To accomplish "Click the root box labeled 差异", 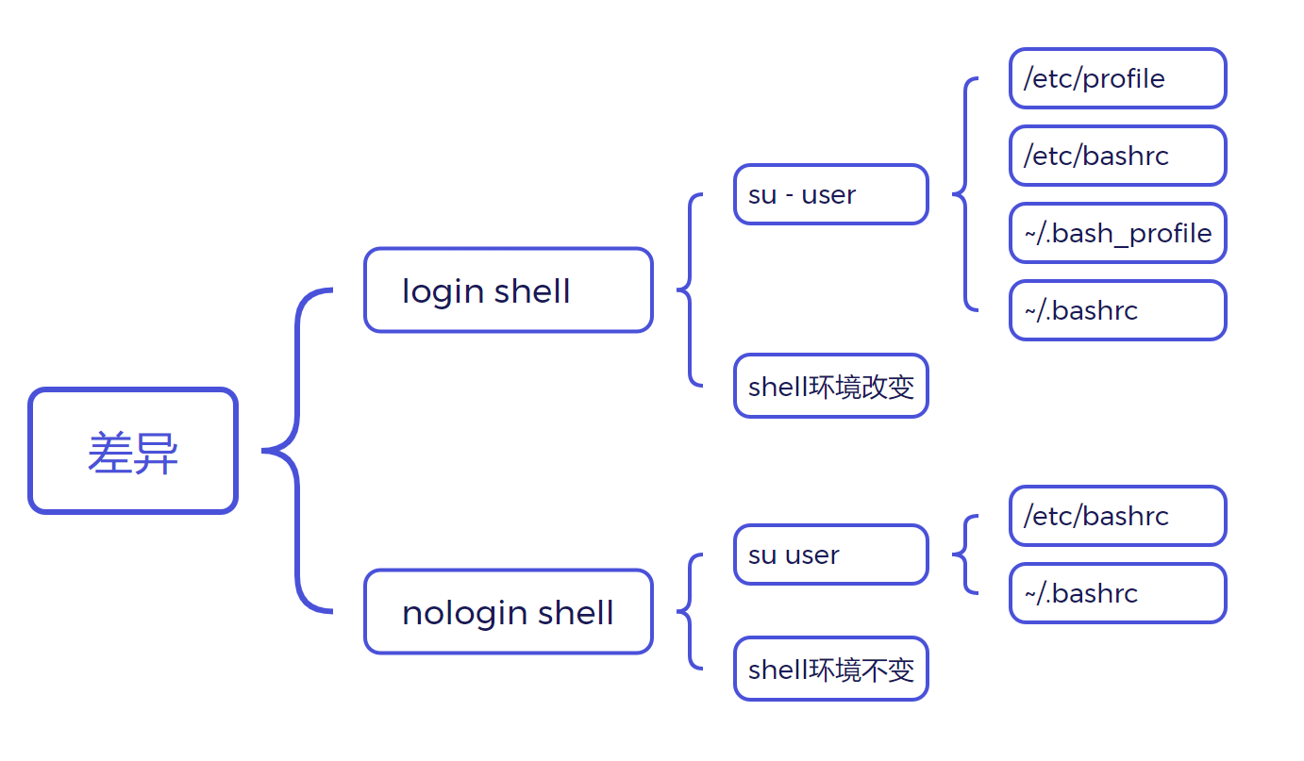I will pyautogui.click(x=133, y=451).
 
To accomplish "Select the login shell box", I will pyautogui.click(x=508, y=290).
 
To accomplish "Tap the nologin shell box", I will pyautogui.click(x=508, y=612).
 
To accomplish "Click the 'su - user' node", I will pyautogui.click(x=830, y=195).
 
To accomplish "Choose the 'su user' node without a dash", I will pyautogui.click(x=830, y=554).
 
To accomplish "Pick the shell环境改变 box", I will pyautogui.click(x=830, y=386).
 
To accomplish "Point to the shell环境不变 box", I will pyautogui.click(x=830, y=669).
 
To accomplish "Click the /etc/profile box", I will pyautogui.click(x=1117, y=78).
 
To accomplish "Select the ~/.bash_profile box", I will pyautogui.click(x=1117, y=233).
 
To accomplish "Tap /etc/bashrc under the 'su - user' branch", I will pyautogui.click(x=1117, y=156).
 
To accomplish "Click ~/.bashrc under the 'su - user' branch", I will pyautogui.click(x=1117, y=310).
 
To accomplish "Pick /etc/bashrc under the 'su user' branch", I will pyautogui.click(x=1117, y=516).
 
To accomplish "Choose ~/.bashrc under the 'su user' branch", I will pyautogui.click(x=1117, y=593).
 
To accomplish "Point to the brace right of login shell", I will pyautogui.click(x=690, y=290).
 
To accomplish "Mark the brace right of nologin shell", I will pyautogui.click(x=690, y=612).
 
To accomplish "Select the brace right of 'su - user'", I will pyautogui.click(x=964, y=194).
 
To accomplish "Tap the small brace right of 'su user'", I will pyautogui.click(x=964, y=554).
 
